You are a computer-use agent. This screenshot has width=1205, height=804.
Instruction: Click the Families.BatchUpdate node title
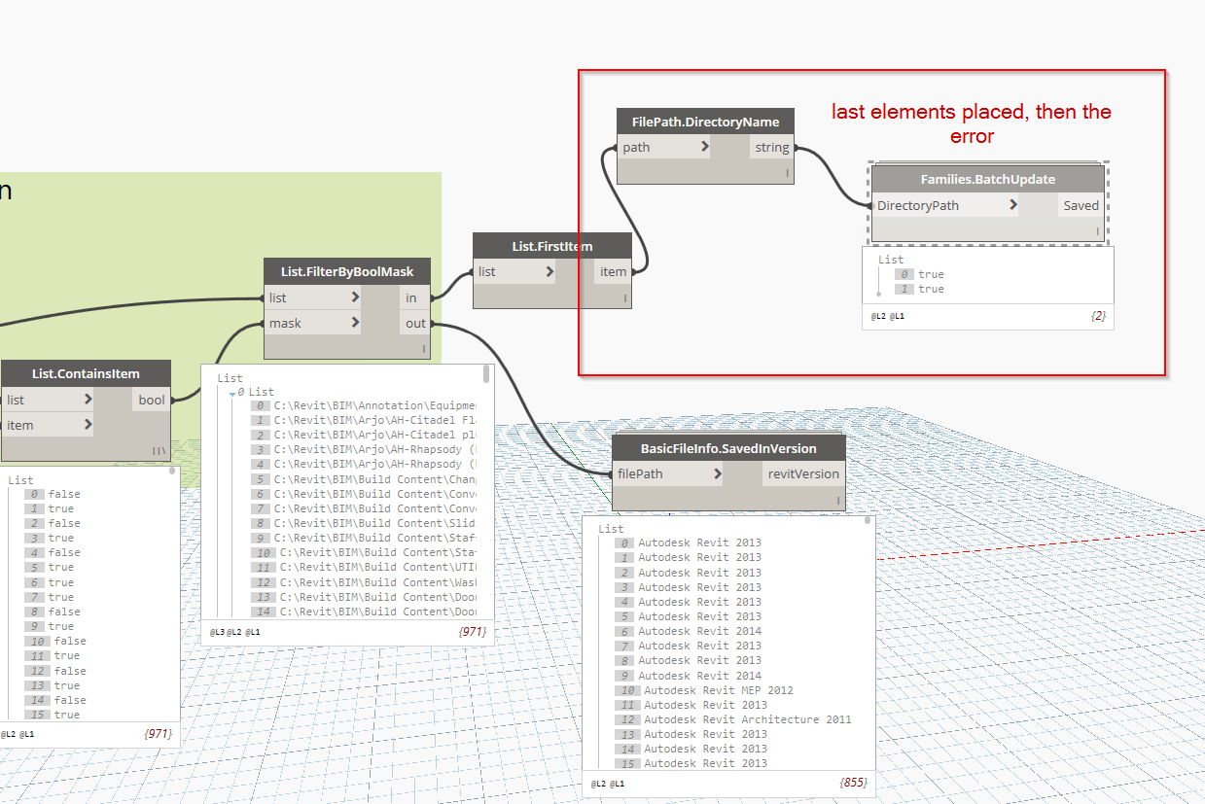tap(987, 180)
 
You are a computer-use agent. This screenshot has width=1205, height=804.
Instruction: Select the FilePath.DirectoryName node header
tap(705, 122)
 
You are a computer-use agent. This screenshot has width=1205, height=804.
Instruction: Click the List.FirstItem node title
tap(551, 247)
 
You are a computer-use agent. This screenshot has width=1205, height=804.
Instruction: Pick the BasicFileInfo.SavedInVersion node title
tap(727, 449)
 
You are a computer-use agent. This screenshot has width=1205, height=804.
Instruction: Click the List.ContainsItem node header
tap(86, 373)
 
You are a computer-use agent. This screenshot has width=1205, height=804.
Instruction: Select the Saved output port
tap(1081, 206)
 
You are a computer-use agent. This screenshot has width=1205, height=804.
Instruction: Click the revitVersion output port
tap(803, 474)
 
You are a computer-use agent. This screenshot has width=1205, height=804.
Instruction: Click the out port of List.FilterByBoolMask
tap(415, 323)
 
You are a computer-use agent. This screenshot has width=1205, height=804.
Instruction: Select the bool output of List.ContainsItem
tap(152, 400)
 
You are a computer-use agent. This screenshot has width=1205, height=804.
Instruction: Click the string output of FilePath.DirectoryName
tap(771, 148)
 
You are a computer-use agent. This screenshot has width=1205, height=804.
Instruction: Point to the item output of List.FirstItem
tap(613, 272)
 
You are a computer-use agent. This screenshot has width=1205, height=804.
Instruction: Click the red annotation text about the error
tap(971, 123)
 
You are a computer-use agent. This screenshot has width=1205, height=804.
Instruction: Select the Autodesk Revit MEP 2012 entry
tap(718, 690)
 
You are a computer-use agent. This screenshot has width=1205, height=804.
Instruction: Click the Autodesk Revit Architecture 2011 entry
tap(747, 719)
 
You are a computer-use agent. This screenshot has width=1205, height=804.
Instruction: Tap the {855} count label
tap(851, 783)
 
